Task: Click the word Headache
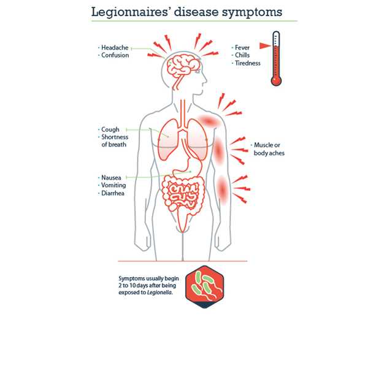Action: [115, 48]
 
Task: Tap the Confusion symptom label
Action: [115, 55]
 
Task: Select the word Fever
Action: [242, 48]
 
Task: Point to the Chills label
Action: [242, 55]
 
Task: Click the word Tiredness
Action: [248, 63]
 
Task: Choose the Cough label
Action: [110, 129]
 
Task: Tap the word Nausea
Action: [111, 178]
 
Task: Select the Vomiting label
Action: [113, 185]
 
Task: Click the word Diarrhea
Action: [113, 193]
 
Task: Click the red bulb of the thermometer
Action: [276, 81]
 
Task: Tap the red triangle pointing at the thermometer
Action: [265, 45]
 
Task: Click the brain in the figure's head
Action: [183, 65]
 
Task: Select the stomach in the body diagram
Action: [188, 167]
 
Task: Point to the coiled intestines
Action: [183, 194]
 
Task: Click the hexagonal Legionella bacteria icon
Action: [204, 287]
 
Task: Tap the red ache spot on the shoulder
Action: [209, 121]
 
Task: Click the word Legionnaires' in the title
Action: [130, 12]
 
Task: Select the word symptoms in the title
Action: [252, 12]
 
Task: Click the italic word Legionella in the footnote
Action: [159, 293]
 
